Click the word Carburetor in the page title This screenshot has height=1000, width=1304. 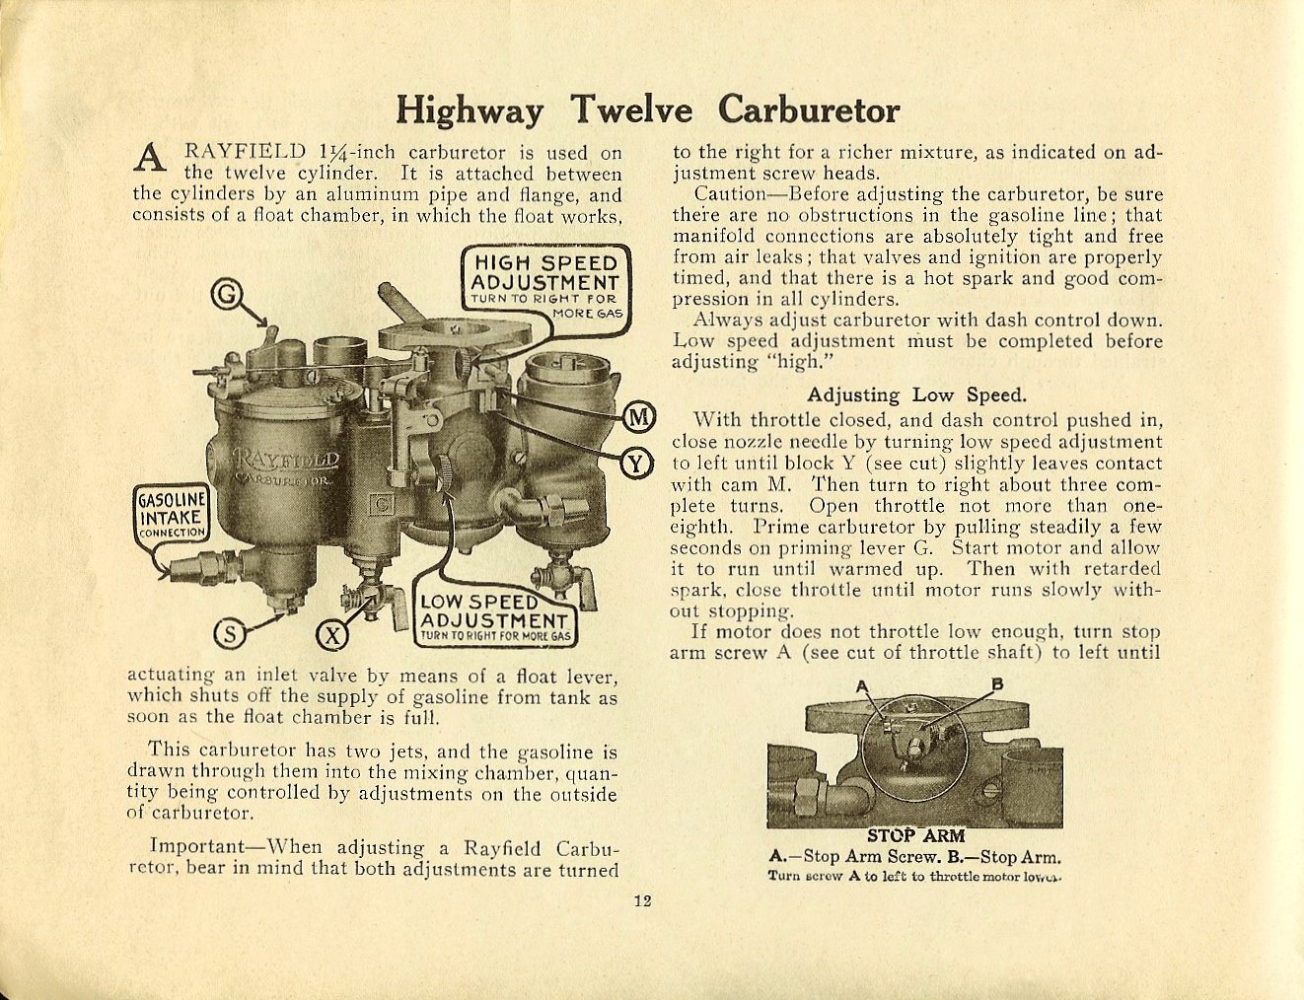[808, 109]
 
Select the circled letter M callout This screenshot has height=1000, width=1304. [639, 417]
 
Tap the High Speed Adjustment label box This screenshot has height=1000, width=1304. [544, 279]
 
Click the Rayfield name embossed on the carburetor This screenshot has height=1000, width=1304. [287, 461]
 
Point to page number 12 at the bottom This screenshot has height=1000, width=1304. [642, 899]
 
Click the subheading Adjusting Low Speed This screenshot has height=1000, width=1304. [916, 395]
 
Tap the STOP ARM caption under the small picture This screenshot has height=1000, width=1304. [915, 836]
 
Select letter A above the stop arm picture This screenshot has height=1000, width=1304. [860, 685]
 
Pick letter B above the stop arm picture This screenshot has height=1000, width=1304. [996, 683]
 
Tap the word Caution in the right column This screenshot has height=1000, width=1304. [729, 194]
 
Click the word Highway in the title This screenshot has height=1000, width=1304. [469, 109]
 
